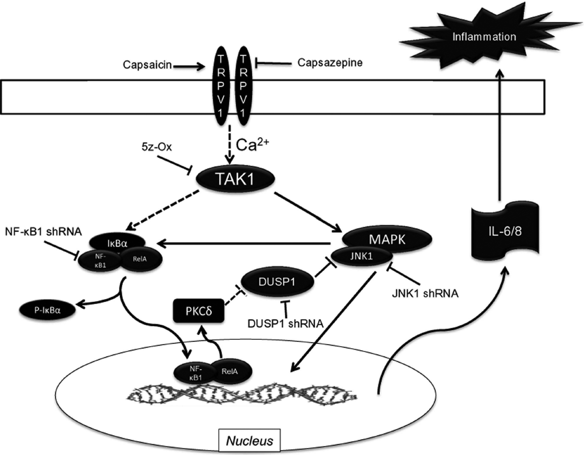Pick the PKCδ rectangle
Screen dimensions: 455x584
(196, 312)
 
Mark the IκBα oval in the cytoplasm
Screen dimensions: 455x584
(117, 243)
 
